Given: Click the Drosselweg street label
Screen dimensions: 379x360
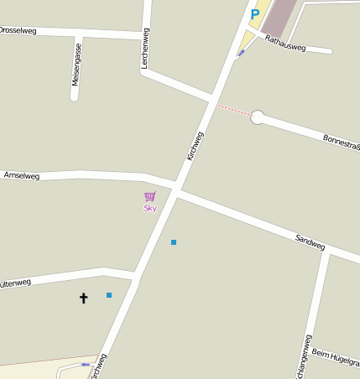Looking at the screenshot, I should point(18,30).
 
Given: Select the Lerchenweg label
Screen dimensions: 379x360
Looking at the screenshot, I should point(145,48).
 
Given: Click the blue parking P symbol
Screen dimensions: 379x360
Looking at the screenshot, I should point(254,14).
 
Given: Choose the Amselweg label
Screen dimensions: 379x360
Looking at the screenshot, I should point(22,175).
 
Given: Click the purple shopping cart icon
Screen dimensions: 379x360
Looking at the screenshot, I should point(150,196).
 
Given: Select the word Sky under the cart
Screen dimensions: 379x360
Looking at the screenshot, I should point(150,208).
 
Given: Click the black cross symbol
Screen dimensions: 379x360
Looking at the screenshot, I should point(83,297).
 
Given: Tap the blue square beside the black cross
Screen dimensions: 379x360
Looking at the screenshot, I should point(109,295).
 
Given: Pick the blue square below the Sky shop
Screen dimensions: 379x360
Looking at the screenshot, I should point(174,242).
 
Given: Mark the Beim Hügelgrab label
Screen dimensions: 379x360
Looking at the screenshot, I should point(335,358).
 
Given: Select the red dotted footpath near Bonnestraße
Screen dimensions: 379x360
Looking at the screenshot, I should point(234,111).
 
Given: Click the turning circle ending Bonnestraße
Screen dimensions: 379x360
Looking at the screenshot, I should point(258,117).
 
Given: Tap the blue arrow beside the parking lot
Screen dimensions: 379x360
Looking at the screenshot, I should point(242,53).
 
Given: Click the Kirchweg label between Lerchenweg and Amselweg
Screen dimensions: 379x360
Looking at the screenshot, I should point(195,146).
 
